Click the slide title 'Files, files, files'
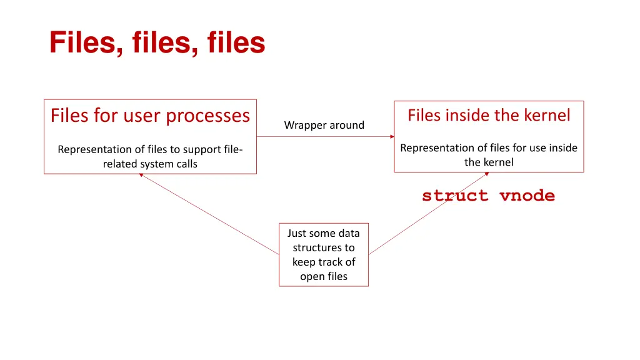pos(157,44)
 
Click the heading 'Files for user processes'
pos(150,116)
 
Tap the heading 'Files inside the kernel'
pos(489,115)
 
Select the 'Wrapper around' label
pos(324,125)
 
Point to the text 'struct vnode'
pos(488,196)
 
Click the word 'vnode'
pos(527,196)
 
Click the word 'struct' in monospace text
pos(455,196)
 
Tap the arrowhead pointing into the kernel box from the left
pos(392,136)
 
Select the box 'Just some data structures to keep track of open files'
pos(323,254)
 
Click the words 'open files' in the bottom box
pos(323,276)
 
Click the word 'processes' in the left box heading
pos(215,116)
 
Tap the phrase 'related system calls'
pos(150,164)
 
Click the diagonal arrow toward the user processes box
pos(209,214)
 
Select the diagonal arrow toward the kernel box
pos(428,213)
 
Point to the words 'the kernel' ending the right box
pos(489,162)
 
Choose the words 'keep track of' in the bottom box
pos(323,262)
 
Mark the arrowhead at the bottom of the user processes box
pos(141,175)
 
